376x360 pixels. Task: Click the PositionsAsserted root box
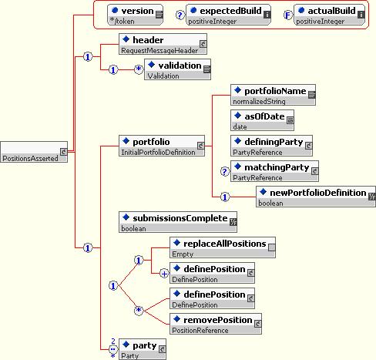[x=34, y=152]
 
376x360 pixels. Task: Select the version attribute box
[x=135, y=15]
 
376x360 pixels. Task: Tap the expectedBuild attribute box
[x=228, y=15]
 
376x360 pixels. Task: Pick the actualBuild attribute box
[x=329, y=15]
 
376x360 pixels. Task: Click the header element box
[x=163, y=44]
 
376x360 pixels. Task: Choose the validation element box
[x=177, y=69]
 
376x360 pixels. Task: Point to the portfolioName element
[x=273, y=95]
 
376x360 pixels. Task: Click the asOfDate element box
[x=262, y=120]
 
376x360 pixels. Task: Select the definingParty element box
[x=271, y=146]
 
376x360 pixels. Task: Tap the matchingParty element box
[x=274, y=171]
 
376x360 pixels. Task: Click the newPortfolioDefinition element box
[x=316, y=197]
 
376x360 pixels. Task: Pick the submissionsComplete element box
[x=178, y=222]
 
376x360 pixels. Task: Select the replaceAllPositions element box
[x=223, y=247]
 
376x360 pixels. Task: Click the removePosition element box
[x=216, y=324]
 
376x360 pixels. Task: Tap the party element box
[x=143, y=349]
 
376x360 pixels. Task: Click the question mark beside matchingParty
[x=225, y=171]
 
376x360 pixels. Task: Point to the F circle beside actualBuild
[x=288, y=15]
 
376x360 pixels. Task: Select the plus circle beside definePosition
[x=164, y=274]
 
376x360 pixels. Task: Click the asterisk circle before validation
[x=139, y=69]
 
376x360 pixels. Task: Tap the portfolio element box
[x=162, y=146]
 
